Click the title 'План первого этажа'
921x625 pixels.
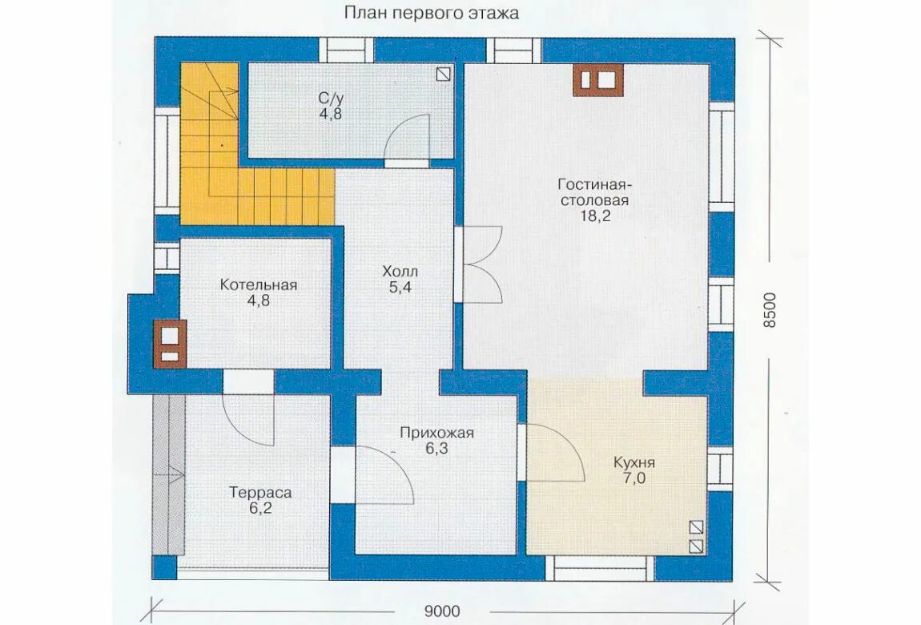tap(432, 13)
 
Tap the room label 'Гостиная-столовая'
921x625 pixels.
tap(593, 192)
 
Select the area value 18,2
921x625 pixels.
tap(595, 216)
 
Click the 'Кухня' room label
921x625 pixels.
tap(633, 462)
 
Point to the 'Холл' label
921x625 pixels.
tap(400, 272)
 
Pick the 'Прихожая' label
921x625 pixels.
tap(436, 433)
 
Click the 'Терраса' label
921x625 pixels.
tap(260, 492)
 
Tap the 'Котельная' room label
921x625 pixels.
tap(259, 285)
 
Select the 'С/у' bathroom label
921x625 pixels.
tap(331, 98)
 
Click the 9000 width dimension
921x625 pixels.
tap(442, 611)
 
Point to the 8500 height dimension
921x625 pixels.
tap(770, 310)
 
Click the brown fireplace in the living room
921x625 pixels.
tap(597, 80)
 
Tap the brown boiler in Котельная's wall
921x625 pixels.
tap(170, 345)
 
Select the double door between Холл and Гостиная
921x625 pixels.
tap(479, 264)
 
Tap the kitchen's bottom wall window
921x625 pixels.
tap(600, 568)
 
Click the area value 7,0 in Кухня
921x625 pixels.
tap(633, 478)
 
